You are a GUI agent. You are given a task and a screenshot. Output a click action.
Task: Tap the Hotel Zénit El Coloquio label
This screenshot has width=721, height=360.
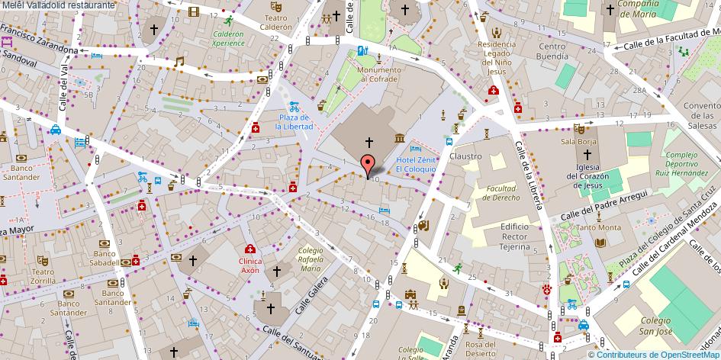[x=416, y=164]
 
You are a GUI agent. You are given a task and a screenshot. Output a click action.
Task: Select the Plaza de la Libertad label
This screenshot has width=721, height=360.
[x=294, y=121]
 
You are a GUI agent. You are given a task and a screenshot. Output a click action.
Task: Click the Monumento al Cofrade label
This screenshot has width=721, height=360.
[x=381, y=73]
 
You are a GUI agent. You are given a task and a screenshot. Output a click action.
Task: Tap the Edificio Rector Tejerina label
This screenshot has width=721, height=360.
[x=515, y=236]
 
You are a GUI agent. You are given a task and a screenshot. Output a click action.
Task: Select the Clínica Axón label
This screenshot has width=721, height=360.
[x=250, y=265]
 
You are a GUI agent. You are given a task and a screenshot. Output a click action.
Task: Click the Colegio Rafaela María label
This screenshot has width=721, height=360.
[x=311, y=259]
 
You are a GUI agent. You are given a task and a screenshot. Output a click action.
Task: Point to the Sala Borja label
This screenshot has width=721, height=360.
[x=578, y=141]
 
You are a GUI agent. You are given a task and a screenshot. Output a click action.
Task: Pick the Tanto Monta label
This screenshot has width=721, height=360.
[x=598, y=227]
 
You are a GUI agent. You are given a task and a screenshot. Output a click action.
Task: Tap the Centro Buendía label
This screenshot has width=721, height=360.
[x=552, y=51]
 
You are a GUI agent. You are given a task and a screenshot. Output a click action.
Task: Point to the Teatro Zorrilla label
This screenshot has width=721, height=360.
[x=43, y=275]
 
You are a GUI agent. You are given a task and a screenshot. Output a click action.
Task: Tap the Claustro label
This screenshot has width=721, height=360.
[x=465, y=156]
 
